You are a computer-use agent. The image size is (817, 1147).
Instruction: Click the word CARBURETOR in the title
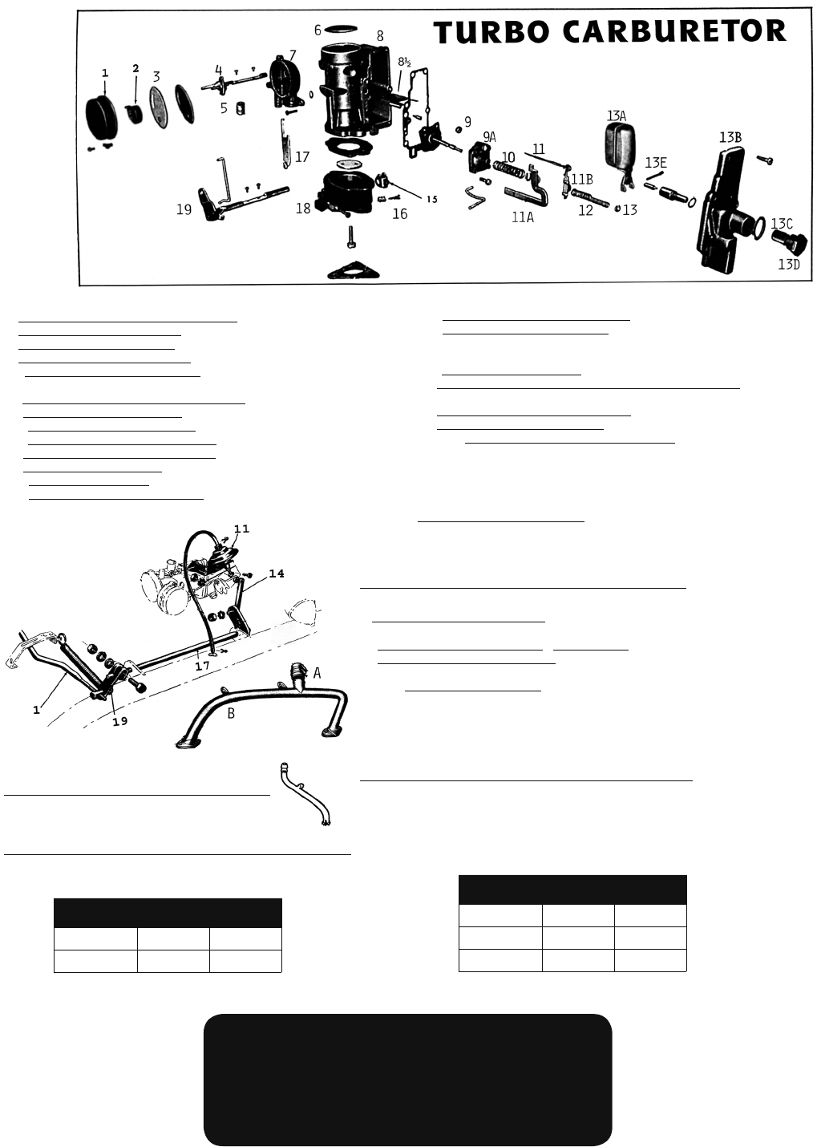point(674,32)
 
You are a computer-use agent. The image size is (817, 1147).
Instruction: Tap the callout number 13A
point(617,116)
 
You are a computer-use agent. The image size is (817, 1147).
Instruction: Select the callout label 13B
point(730,137)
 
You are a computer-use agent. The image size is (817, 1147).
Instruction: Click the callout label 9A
point(489,136)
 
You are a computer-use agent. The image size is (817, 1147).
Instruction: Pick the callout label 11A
point(523,217)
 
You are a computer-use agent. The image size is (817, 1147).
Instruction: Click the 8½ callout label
point(404,63)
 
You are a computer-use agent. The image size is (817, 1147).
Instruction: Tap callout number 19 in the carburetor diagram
point(184,209)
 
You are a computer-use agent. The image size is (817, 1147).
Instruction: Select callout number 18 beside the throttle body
point(303,208)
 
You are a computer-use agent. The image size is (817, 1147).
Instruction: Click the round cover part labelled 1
point(103,117)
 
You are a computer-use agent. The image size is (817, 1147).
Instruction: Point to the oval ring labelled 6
point(342,28)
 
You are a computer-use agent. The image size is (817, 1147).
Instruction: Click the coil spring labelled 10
point(509,170)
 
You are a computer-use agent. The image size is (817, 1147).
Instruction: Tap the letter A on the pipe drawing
point(317,673)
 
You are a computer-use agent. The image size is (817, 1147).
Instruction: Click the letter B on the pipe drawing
point(231,713)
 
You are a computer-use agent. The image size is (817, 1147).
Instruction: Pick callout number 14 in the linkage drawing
point(277,573)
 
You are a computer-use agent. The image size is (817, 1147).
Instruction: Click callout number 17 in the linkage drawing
point(203,666)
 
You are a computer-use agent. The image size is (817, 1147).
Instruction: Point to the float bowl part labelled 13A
point(620,148)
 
